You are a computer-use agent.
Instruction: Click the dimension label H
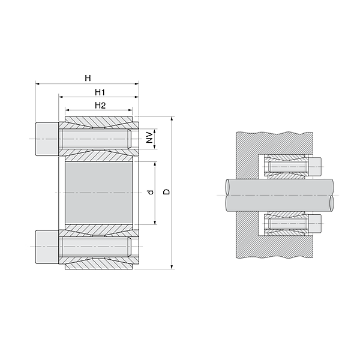click(88, 78)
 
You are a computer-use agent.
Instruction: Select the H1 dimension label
click(100, 92)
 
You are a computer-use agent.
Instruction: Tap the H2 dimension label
click(100, 106)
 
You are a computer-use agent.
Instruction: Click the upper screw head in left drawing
click(47, 139)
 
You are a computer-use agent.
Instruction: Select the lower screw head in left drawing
click(47, 246)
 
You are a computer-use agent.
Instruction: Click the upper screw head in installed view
click(316, 166)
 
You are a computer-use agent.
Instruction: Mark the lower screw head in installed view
click(316, 224)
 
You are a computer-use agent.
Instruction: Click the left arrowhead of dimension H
click(37, 85)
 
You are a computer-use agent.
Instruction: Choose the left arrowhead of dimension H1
click(60, 98)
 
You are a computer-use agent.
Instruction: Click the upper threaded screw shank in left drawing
click(96, 139)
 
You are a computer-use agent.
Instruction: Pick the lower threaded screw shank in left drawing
click(96, 246)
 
